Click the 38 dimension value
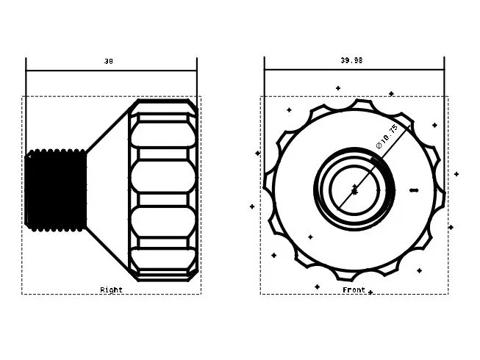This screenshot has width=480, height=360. point(108,62)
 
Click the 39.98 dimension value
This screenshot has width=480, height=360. point(351,60)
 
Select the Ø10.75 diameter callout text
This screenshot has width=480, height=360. point(387,136)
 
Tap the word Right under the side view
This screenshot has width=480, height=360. point(111,289)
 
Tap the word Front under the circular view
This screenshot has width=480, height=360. point(354,289)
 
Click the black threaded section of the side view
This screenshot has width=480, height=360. point(56,190)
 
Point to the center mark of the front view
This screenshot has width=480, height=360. point(354,190)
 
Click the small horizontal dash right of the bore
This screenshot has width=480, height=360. point(414,190)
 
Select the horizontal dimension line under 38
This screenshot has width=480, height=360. point(112,71)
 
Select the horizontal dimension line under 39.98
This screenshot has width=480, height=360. point(354,70)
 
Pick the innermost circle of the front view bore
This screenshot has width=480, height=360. point(354,190)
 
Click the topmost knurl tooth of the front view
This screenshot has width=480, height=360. point(362,105)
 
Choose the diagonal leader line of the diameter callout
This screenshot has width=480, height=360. point(374,166)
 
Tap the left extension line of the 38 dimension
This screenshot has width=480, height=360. point(26,107)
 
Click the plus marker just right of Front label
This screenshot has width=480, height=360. point(370,292)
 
